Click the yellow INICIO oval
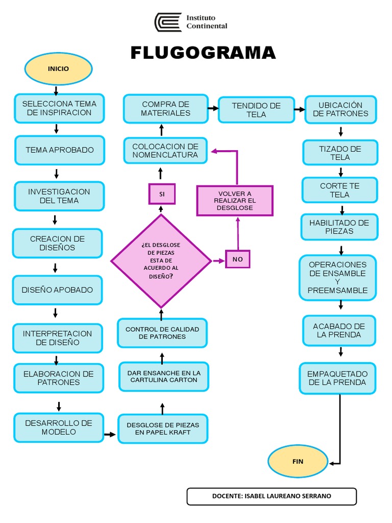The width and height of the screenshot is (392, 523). pos(58,69)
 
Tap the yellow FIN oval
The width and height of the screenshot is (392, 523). pos(298,461)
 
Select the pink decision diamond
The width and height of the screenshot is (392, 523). pos(161,261)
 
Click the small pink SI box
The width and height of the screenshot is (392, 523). pos(162,194)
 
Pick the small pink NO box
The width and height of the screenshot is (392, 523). pos(238,259)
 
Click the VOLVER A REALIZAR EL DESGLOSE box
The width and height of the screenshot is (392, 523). pos(235,201)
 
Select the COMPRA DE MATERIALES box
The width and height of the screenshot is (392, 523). pos(166,109)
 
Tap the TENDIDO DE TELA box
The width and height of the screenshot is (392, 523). pos(256,110)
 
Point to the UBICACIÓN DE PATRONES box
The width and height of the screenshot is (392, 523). pos(340,109)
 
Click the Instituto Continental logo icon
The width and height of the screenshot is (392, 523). pos(168,22)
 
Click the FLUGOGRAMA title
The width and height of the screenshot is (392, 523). pos(203,53)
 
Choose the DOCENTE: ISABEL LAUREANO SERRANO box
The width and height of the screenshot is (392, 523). pos(272,496)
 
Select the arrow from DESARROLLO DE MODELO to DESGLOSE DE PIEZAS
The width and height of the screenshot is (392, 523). pos(110,434)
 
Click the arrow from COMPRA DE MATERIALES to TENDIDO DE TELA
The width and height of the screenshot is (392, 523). pos(213,108)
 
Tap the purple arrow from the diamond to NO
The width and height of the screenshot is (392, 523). pos(218,260)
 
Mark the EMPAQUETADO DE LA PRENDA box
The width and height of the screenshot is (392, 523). pos(337,378)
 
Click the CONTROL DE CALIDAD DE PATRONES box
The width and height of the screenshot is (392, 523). pos(162,333)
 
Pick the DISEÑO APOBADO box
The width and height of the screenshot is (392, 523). pos(57,290)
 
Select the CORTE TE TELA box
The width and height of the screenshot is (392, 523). pos(339,190)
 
